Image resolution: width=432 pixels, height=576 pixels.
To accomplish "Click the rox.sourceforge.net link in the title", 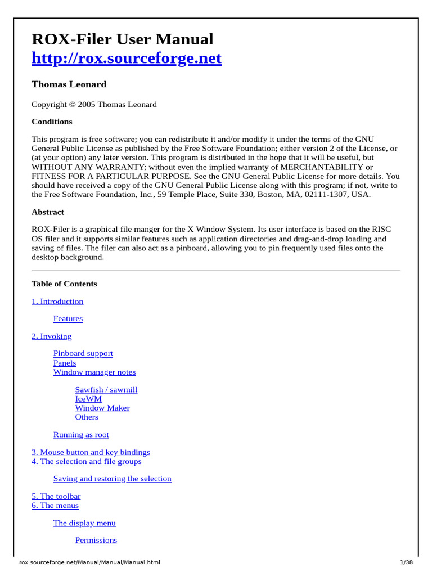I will click(127, 58).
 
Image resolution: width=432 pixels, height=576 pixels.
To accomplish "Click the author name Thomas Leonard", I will click(69, 84).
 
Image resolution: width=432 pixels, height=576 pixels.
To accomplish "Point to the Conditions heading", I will click(52, 121).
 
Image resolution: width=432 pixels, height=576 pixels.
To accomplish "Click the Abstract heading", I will click(48, 212).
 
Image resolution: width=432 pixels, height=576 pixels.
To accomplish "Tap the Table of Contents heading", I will click(64, 283).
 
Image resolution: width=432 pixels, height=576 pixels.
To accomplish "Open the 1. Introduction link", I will click(57, 301).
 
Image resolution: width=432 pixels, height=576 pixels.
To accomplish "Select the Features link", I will click(68, 319).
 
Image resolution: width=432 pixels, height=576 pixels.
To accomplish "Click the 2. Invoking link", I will click(52, 336).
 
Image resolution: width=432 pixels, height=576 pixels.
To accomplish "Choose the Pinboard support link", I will click(83, 354).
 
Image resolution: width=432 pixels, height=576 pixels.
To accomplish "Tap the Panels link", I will click(65, 363).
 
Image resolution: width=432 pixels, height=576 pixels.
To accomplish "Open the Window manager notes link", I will click(94, 372).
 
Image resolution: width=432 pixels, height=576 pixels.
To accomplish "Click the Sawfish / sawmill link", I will click(106, 390).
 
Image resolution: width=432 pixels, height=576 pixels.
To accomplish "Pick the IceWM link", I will click(88, 399).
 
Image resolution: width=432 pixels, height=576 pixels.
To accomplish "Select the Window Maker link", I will click(102, 408).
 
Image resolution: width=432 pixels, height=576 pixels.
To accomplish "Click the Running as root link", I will click(81, 435).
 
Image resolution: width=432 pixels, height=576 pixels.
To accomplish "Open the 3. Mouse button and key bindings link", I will click(91, 452).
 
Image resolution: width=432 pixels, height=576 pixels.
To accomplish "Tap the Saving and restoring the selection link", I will click(112, 479).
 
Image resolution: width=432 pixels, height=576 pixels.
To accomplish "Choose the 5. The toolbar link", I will click(56, 496).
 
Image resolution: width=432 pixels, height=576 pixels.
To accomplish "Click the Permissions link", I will click(96, 541).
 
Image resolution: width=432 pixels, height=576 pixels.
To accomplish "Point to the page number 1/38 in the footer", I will click(406, 562).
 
